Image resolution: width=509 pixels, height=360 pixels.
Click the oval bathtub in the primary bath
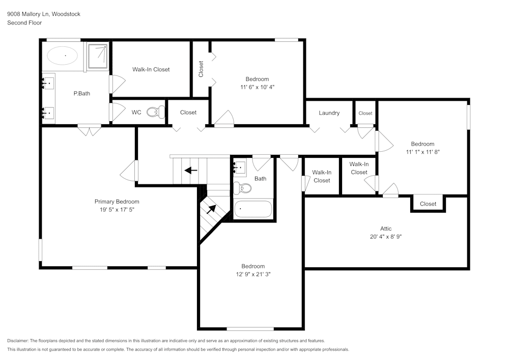(63, 56)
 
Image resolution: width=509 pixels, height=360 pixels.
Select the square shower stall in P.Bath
(98, 56)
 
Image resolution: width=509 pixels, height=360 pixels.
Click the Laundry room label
(329, 113)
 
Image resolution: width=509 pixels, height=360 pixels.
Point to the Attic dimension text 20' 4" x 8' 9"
(386, 237)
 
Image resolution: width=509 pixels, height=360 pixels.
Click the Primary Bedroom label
(117, 202)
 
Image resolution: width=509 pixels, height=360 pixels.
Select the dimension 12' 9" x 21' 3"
(253, 274)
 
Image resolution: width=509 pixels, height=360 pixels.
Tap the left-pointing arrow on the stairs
(191, 170)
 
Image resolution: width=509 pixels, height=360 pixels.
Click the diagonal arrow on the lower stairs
(211, 209)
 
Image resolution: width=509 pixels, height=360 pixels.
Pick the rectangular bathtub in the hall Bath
(253, 208)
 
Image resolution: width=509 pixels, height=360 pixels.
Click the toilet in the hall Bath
(242, 188)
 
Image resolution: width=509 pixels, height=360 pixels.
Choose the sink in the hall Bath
(240, 167)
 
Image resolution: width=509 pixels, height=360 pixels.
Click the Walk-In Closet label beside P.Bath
(151, 69)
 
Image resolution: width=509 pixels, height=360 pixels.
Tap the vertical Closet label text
(201, 69)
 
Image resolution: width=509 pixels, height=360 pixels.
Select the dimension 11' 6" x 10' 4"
(258, 87)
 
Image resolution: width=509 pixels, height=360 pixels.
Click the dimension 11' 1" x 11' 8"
(422, 152)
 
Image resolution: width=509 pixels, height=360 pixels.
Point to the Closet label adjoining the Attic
(428, 204)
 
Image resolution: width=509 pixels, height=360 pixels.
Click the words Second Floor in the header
(24, 23)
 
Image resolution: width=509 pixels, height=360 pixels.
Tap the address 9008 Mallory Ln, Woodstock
(44, 14)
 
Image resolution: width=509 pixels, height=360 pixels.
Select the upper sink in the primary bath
(48, 84)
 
